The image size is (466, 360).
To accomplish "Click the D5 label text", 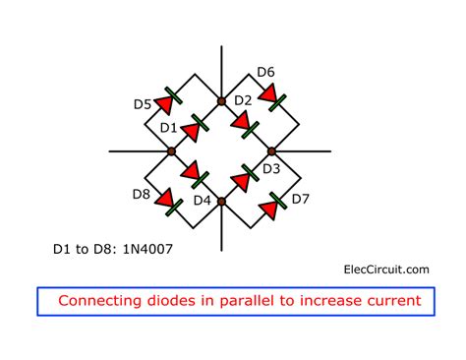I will pos(141,103).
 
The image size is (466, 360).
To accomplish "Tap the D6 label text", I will pos(266,72).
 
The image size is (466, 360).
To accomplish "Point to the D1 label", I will pos(168,128).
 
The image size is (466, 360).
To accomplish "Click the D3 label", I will pos(270,169).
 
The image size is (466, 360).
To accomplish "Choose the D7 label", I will pos(301,200).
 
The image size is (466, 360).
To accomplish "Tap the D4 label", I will pos(203,201).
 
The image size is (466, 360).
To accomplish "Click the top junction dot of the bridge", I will pos(222,100).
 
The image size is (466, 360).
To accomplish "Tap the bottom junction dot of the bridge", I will pos(222,201).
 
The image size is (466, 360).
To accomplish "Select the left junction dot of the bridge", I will pos(171,150).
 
